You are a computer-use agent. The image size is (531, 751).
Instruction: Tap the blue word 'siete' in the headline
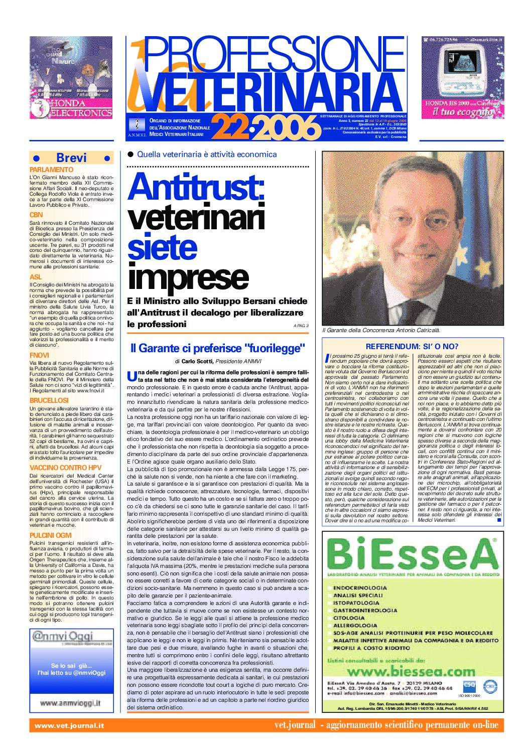click(x=162, y=247)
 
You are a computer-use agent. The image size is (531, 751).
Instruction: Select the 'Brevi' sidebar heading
click(x=71, y=158)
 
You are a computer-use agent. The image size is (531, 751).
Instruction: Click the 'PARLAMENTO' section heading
click(x=51, y=170)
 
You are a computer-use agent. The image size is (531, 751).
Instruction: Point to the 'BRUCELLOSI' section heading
click(x=49, y=400)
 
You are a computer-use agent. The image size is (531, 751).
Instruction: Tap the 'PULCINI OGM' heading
click(x=50, y=535)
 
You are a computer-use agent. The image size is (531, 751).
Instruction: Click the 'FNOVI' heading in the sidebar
click(x=39, y=355)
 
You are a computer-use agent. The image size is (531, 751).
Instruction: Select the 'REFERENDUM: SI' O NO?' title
click(x=412, y=346)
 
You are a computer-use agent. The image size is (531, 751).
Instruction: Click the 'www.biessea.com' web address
click(x=411, y=671)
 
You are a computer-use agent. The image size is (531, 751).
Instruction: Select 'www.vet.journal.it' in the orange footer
click(x=69, y=725)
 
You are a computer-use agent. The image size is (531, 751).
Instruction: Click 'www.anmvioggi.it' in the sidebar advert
click(x=70, y=703)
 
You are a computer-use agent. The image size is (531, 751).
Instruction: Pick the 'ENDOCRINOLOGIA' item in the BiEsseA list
click(x=360, y=588)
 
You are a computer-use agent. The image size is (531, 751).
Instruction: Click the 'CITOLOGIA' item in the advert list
click(x=349, y=618)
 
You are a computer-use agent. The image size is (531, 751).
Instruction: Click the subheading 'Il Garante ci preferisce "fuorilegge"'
click(x=218, y=348)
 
